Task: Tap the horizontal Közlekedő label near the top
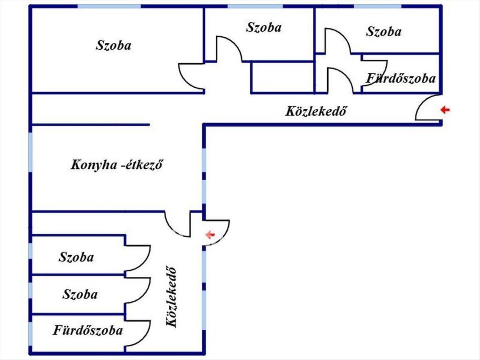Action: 315,111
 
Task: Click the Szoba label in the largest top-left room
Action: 113,45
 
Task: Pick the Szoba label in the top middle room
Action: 264,27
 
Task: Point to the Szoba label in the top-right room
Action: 383,32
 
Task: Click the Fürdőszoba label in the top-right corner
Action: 401,78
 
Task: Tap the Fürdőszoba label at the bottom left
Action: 88,331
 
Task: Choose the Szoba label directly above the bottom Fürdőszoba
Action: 80,295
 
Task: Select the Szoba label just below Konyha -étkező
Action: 76,257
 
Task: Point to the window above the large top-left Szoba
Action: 109,6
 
